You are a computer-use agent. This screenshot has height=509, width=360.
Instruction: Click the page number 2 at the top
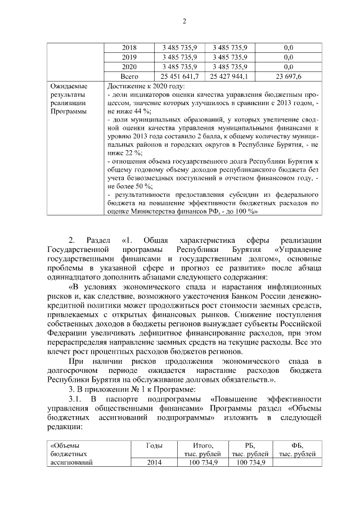[183, 21]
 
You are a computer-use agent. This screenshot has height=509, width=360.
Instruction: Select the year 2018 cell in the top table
[129, 47]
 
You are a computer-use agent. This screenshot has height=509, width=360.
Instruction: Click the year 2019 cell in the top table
[129, 57]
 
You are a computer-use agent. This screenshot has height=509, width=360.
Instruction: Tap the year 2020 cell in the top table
[129, 66]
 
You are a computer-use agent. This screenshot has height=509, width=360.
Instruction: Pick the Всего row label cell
[129, 76]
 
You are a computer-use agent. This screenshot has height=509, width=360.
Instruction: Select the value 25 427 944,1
[229, 76]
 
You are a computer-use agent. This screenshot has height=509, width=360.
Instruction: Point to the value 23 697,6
[289, 76]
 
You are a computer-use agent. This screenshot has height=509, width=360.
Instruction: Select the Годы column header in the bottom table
[154, 445]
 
